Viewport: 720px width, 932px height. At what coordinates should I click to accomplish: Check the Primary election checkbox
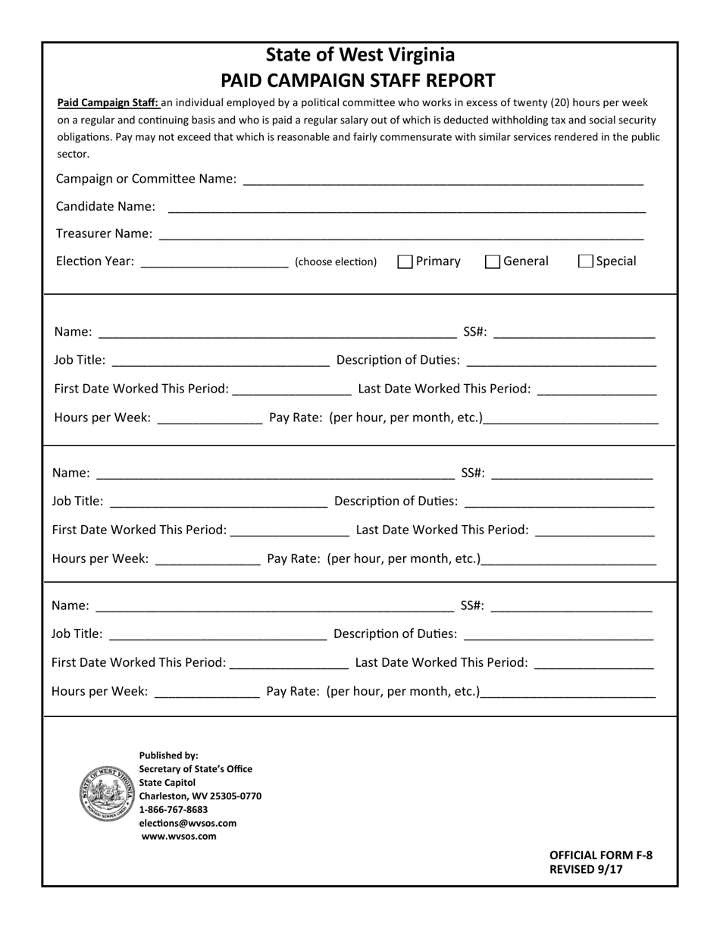[x=405, y=261]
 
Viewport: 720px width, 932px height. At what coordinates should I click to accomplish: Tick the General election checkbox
[x=493, y=261]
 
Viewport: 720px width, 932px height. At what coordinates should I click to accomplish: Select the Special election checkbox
[x=585, y=261]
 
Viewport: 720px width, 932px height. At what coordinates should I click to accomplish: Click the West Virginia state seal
[x=108, y=793]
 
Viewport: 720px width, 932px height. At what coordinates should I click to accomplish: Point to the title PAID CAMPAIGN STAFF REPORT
[x=358, y=80]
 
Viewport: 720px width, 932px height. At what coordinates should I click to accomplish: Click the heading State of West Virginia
[x=360, y=55]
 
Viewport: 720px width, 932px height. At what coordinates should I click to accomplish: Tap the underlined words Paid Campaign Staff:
[x=108, y=103]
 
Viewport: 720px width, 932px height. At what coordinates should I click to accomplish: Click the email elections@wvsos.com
[x=188, y=823]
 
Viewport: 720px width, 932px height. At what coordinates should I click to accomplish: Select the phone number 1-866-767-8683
[x=174, y=809]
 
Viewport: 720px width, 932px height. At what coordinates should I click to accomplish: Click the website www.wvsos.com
[x=179, y=837]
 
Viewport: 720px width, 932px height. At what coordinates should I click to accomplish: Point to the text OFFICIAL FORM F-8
[x=600, y=855]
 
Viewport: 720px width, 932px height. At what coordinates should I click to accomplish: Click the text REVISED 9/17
[x=586, y=869]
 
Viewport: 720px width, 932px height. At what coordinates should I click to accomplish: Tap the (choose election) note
[x=336, y=262]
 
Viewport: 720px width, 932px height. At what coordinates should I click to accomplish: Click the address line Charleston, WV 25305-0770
[x=200, y=796]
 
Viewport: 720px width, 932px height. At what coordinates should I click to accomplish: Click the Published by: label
[x=168, y=755]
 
